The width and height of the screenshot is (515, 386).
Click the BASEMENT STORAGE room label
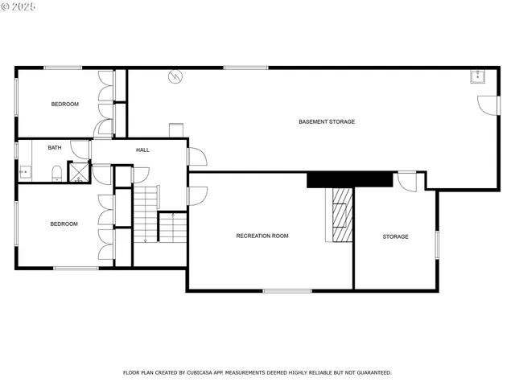(x=327, y=121)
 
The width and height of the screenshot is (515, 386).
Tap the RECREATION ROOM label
(x=262, y=236)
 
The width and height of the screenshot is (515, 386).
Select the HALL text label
(x=142, y=150)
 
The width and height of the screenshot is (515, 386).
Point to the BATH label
(x=54, y=147)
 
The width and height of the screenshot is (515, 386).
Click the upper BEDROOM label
(x=64, y=104)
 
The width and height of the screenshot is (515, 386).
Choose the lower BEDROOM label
(x=64, y=224)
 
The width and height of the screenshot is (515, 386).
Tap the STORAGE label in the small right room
(x=395, y=236)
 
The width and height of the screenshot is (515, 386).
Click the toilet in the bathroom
(x=56, y=173)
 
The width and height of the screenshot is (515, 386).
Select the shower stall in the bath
(x=79, y=172)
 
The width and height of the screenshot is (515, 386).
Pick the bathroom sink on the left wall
(x=24, y=172)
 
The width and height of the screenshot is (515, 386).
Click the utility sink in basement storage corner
(x=478, y=76)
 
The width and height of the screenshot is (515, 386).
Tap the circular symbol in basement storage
(x=175, y=77)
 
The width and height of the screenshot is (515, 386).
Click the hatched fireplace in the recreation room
(x=342, y=215)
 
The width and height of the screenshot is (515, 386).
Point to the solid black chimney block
(x=349, y=179)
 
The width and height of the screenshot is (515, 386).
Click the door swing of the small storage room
(x=407, y=181)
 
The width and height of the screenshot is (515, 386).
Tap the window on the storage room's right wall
(x=437, y=244)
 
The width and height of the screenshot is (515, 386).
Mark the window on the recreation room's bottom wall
(x=287, y=290)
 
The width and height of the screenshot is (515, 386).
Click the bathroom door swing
(x=80, y=149)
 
